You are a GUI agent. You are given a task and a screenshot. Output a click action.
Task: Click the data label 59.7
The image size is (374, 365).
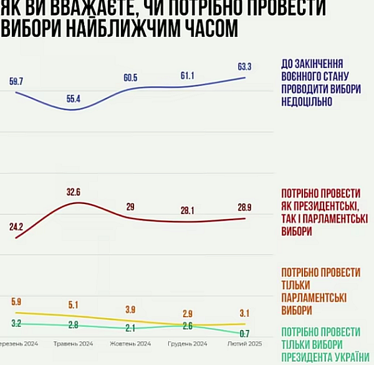click(x=16, y=81)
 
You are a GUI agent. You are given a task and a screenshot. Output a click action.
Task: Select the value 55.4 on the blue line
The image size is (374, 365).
click(x=74, y=99)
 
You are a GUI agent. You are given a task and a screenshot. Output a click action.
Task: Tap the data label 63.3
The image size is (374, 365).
click(x=244, y=66)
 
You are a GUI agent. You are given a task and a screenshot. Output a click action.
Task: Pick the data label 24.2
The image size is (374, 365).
click(x=16, y=226)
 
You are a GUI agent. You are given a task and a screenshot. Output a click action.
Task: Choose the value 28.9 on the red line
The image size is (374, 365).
click(x=244, y=206)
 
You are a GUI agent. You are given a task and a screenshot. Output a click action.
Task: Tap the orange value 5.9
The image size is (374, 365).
click(x=16, y=302)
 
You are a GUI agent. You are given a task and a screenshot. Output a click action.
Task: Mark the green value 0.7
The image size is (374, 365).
click(x=244, y=333)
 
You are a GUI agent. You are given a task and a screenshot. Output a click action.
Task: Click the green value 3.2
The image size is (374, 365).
click(x=16, y=323)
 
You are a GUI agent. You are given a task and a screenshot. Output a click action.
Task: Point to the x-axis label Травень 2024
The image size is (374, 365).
click(x=74, y=344)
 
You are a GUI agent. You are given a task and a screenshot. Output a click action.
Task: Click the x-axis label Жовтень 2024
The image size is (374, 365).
click(x=130, y=344)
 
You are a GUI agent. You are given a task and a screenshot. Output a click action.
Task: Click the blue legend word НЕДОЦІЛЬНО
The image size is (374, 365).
click(x=307, y=101)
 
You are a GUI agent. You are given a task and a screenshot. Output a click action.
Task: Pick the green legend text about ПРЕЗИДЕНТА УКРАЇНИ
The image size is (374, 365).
click(x=321, y=356)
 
